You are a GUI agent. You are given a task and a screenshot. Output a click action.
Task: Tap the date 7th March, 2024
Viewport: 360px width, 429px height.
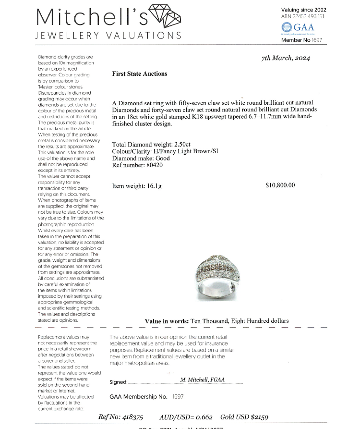pyautogui.click(x=286, y=58)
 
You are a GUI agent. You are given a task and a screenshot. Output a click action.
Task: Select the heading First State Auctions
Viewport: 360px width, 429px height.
pyautogui.click(x=139, y=74)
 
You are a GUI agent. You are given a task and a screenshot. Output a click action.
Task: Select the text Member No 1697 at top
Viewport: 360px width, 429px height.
pyautogui.click(x=301, y=40)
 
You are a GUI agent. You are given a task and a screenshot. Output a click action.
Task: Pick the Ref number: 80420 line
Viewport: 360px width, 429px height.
pyautogui.click(x=137, y=165)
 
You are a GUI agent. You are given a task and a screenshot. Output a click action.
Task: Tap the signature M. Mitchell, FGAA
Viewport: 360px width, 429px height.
pyautogui.click(x=202, y=380)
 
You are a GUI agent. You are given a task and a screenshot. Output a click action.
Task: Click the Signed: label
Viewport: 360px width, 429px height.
pyautogui.click(x=118, y=382)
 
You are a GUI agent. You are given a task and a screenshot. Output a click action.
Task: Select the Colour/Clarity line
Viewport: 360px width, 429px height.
pyautogui.click(x=165, y=151)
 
